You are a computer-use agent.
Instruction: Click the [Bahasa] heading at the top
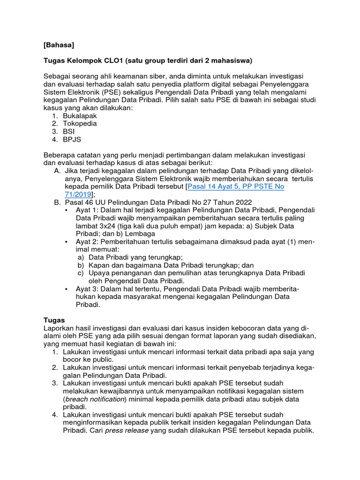[59, 45]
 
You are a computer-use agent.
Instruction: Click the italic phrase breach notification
[98, 399]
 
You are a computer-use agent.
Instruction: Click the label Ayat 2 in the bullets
[86, 241]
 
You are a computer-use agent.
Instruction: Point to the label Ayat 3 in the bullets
[86, 289]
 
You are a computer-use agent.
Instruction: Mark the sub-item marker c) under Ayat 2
[81, 273]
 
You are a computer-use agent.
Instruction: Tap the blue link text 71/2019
[78, 194]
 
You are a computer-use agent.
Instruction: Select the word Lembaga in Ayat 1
[140, 233]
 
